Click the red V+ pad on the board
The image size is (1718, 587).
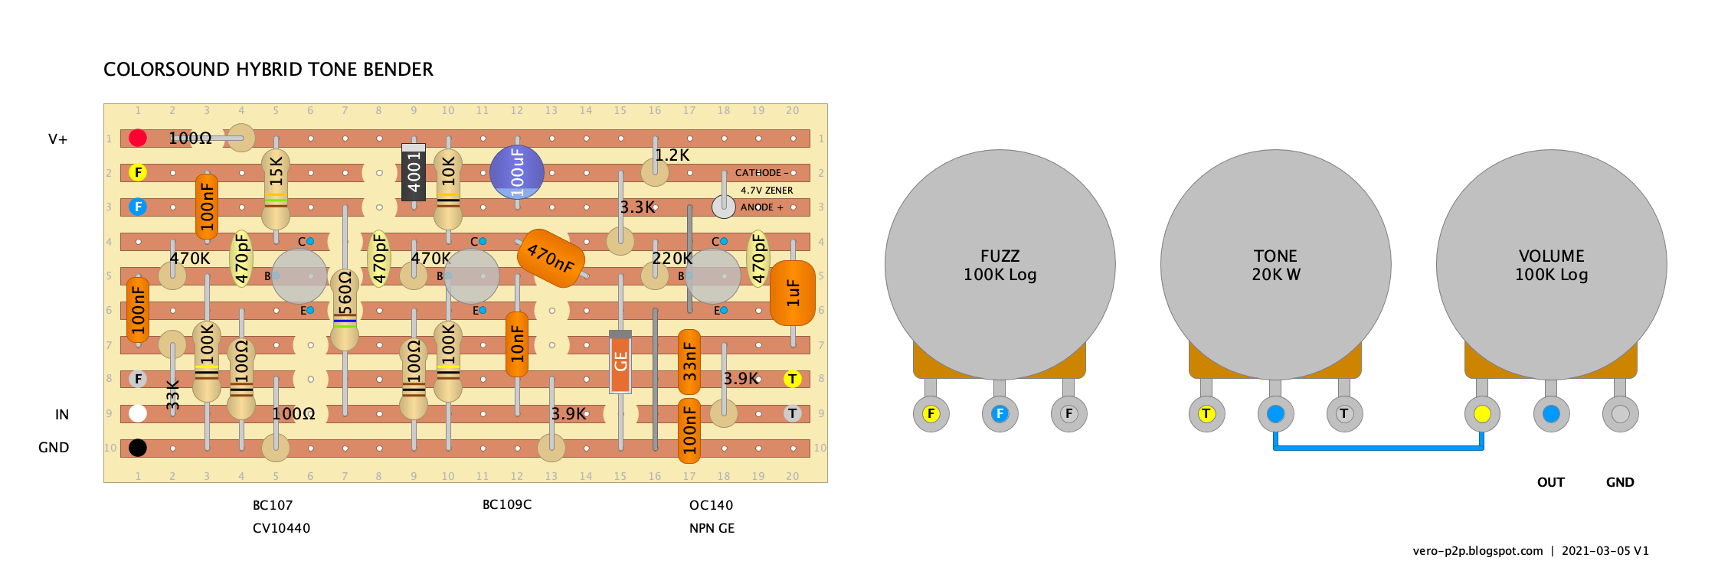(x=138, y=138)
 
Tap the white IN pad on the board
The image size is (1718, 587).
(x=138, y=413)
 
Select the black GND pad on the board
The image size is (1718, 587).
(x=138, y=448)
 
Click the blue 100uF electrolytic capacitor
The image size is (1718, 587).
(x=517, y=172)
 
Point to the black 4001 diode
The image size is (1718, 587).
(x=414, y=172)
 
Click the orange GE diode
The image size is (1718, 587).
(x=620, y=361)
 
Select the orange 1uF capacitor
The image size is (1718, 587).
(x=793, y=293)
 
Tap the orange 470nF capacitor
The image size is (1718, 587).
(x=551, y=259)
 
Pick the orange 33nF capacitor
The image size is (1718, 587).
(x=689, y=361)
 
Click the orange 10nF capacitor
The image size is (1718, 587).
(x=517, y=344)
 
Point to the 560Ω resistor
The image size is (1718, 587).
(x=345, y=310)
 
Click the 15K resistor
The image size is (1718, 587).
(x=276, y=189)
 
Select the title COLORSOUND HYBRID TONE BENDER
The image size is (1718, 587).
(x=268, y=70)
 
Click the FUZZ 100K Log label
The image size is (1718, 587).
(x=1000, y=266)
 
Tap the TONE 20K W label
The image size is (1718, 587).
(x=1275, y=266)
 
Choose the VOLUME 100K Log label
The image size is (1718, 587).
(x=1551, y=266)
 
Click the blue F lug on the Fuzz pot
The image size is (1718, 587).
(x=1000, y=414)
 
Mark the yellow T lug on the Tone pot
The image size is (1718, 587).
(x=1206, y=414)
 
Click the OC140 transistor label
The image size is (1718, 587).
(x=711, y=505)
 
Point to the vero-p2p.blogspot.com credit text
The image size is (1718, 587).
(x=1477, y=551)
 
